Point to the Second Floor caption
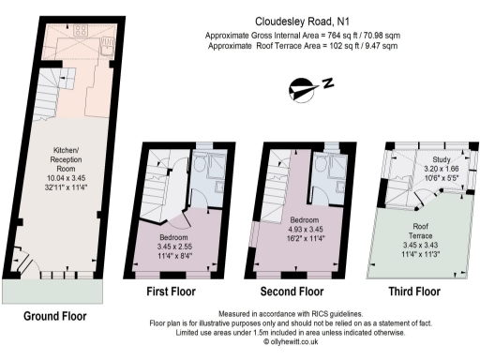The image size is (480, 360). (x=292, y=292)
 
